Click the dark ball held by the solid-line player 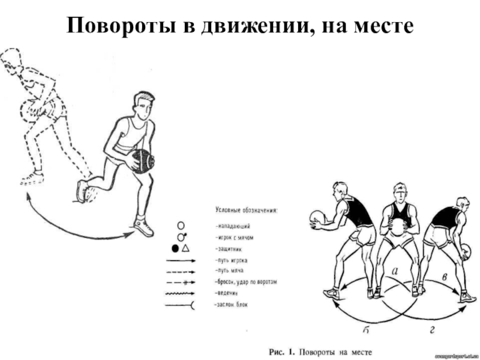click(x=143, y=161)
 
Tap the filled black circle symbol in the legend click(x=175, y=248)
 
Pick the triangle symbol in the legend click(x=186, y=248)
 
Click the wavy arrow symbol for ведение click(x=180, y=293)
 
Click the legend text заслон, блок click(x=235, y=305)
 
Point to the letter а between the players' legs click(x=395, y=271)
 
